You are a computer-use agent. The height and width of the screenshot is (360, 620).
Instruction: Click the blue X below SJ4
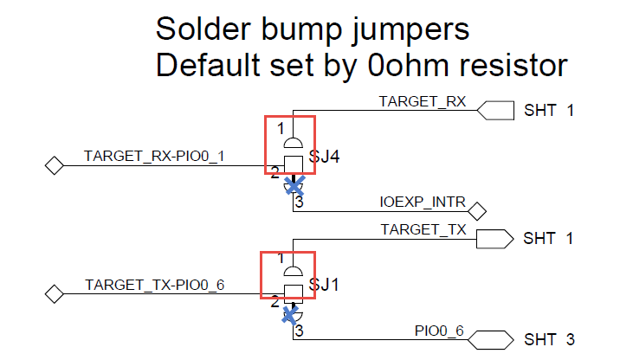coord(295,184)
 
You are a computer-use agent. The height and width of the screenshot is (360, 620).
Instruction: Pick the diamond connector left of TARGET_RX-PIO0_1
coord(55,164)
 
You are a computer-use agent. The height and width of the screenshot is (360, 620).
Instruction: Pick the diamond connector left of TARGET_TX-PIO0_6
coord(55,294)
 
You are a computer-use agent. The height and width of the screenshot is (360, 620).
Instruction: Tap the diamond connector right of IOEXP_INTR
coord(476,210)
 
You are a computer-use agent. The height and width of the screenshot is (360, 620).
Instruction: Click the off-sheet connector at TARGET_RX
coord(496,110)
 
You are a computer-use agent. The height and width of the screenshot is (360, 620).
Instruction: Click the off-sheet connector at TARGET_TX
coord(496,238)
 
